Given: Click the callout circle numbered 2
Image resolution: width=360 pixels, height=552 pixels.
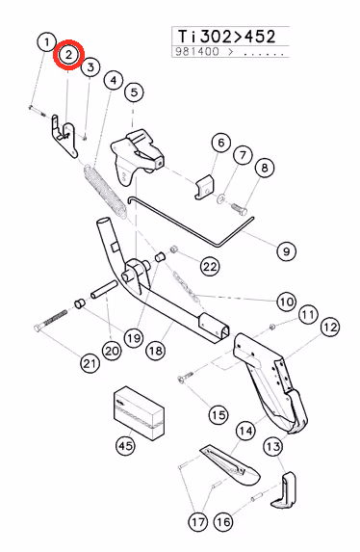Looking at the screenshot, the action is point(68,55).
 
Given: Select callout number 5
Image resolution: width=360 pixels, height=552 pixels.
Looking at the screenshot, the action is point(134,92).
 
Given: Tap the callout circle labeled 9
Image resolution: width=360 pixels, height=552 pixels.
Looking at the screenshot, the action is point(286,251).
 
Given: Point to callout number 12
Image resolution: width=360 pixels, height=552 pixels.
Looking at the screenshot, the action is point(330,328).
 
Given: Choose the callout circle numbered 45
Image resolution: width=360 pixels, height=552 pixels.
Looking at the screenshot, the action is point(125,446).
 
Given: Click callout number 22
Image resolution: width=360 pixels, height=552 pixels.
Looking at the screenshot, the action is point(210,266).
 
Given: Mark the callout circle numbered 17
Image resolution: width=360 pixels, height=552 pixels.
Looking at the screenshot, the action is point(198,522).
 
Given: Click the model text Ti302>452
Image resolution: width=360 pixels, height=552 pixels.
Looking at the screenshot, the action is point(226,37).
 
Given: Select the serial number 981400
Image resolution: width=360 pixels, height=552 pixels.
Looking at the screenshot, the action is point(197,52).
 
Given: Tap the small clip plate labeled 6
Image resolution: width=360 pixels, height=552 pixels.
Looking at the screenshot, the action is point(206,187).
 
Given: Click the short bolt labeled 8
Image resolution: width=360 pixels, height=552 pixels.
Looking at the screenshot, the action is point(239,208).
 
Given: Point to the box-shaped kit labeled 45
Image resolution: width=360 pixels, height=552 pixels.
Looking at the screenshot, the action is point(139,413).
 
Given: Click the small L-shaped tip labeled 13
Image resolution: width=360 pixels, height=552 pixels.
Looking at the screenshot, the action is point(284,490).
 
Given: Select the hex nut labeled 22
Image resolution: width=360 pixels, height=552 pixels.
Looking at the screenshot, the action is point(173,250).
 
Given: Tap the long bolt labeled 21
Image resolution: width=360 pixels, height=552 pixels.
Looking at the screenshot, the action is point(51,320).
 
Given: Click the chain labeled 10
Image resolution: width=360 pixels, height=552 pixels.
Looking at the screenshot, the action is point(187,286).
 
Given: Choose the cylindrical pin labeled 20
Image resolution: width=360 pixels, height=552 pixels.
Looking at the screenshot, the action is point(103,289).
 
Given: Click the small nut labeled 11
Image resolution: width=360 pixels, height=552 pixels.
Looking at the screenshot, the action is point(271,327).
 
